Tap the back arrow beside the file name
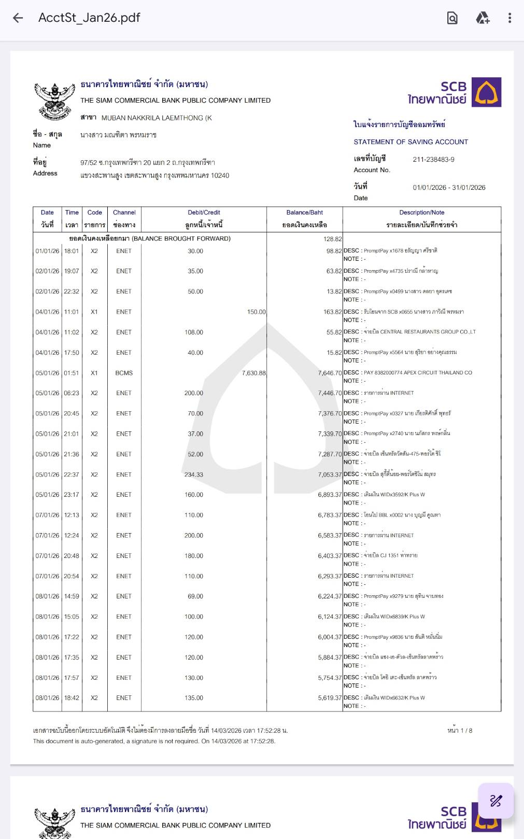[x=18, y=18]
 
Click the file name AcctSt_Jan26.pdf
[x=89, y=18]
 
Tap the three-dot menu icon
[x=509, y=18]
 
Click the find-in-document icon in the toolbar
[x=452, y=18]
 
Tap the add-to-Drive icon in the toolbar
[x=483, y=18]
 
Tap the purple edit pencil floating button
[x=495, y=801]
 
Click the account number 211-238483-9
[x=433, y=160]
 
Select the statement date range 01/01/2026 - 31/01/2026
[x=449, y=188]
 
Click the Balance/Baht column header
[x=304, y=213]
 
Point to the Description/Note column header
[x=421, y=213]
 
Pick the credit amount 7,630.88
[x=253, y=373]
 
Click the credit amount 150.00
[x=256, y=312]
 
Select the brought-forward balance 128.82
[x=332, y=239]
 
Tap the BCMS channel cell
[x=124, y=373]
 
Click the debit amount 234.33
[x=194, y=474]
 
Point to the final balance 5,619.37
[x=330, y=698]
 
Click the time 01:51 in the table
[x=72, y=373]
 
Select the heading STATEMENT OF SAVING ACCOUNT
[x=410, y=142]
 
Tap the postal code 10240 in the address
[x=220, y=176]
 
